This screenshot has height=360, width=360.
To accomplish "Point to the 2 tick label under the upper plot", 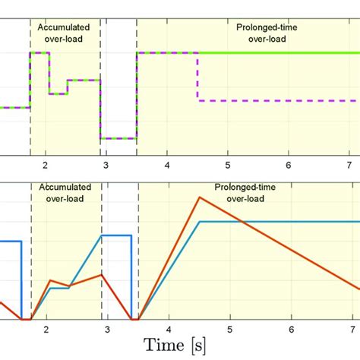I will pyautogui.click(x=46, y=165).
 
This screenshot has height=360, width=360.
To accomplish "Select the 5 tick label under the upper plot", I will pyautogui.click(x=228, y=165).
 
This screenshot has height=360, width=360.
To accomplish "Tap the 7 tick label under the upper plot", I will pyautogui.click(x=349, y=165).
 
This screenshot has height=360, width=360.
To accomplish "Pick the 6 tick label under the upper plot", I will pyautogui.click(x=289, y=165).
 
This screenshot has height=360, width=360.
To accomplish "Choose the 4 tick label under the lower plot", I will pyautogui.click(x=168, y=330).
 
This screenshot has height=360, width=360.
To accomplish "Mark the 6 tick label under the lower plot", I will pyautogui.click(x=291, y=330).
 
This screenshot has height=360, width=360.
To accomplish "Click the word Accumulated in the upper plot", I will pyautogui.click(x=64, y=25).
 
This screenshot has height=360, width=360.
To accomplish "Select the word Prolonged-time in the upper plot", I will pyautogui.click(x=257, y=25).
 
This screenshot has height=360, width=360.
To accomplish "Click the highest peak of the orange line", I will pyautogui.click(x=199, y=197).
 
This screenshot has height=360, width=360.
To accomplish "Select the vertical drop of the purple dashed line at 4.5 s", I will pyautogui.click(x=198, y=76).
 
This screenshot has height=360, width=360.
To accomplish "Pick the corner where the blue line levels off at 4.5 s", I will pyautogui.click(x=199, y=221).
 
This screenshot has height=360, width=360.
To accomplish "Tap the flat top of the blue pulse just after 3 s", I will pyautogui.click(x=118, y=235).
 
